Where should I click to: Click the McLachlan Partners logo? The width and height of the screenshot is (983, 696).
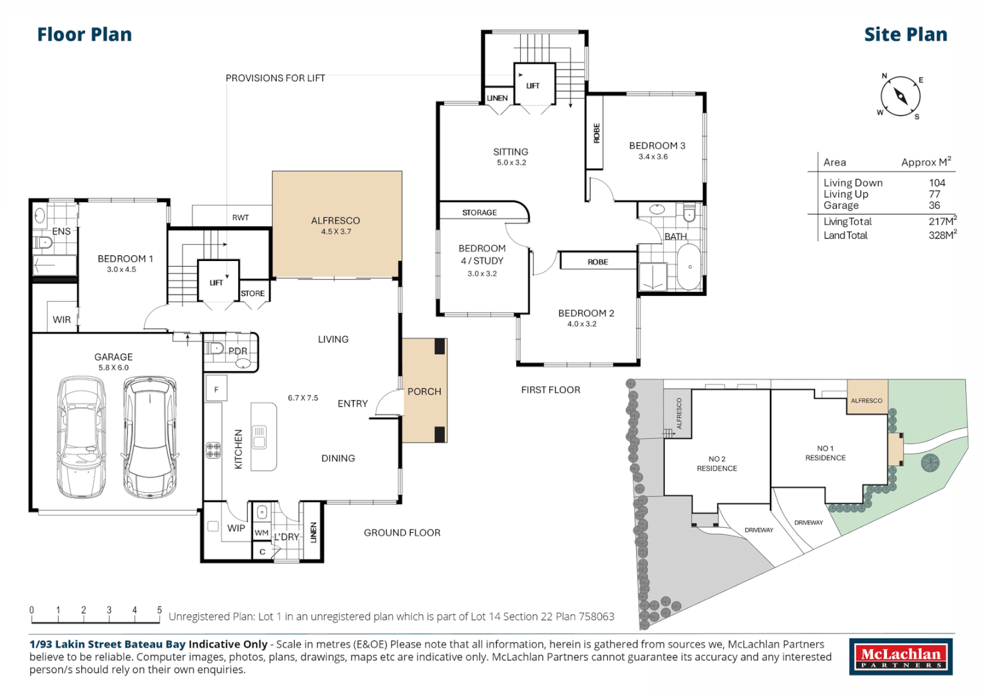point(901,657)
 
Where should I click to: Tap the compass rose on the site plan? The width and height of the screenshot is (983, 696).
point(900,97)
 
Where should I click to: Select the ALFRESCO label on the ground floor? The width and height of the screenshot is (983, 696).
point(335,221)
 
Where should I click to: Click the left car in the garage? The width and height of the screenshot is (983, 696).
point(82,436)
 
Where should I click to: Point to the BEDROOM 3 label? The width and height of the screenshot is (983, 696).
point(657,146)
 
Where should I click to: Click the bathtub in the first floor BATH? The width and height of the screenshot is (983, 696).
point(689,267)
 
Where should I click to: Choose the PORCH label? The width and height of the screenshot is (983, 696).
point(424,392)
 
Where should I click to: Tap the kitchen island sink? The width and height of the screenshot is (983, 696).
point(259,436)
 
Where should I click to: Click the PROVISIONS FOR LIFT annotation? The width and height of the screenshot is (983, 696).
point(275,78)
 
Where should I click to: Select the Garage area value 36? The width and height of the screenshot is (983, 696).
point(934,206)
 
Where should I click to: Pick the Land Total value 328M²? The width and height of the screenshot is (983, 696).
point(942,235)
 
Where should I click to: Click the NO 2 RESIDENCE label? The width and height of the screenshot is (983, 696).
point(716,464)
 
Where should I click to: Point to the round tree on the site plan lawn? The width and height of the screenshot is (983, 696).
point(930,462)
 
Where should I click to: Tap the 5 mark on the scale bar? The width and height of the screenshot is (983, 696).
point(160,610)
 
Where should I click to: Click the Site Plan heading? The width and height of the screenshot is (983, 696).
point(905,35)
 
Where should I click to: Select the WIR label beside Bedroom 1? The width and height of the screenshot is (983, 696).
point(62,320)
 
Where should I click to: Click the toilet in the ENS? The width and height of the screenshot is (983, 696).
point(44,243)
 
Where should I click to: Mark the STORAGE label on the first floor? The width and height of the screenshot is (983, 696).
point(479,213)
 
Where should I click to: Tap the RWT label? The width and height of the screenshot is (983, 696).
point(240,218)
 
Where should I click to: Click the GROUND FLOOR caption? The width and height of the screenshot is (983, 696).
point(402,533)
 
